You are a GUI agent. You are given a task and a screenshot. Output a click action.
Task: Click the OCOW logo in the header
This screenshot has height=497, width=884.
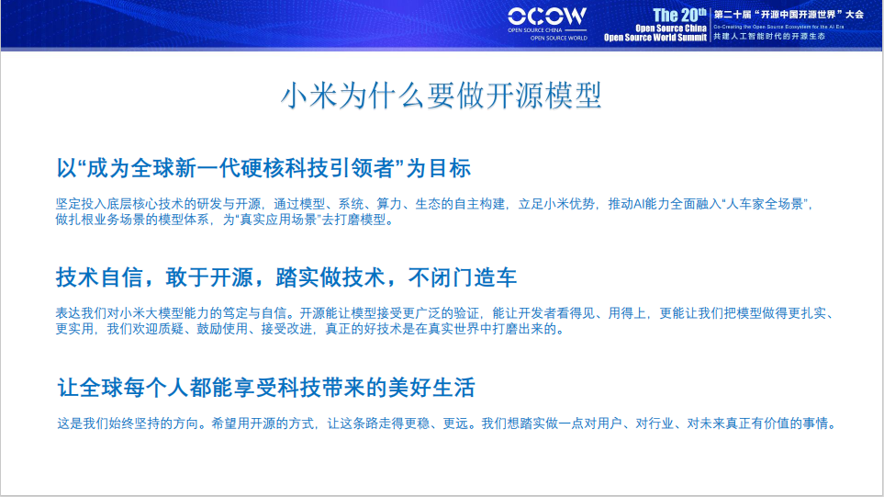point(547,17)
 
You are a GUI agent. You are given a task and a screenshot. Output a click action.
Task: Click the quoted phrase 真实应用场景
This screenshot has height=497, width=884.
point(280,220)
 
